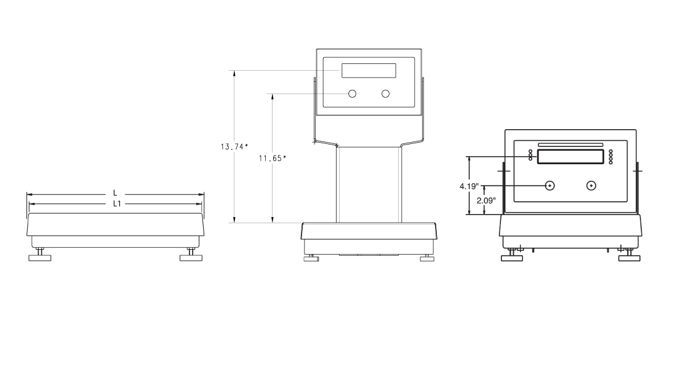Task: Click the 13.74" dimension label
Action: point(234,146)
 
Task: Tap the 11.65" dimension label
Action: point(272,159)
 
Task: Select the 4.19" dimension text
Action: point(469,187)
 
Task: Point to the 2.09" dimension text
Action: point(486,200)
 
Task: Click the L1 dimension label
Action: point(117,204)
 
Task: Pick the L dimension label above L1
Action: point(115,192)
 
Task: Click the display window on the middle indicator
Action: point(369,71)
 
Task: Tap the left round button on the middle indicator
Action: point(353,93)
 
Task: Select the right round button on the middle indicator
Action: point(385,93)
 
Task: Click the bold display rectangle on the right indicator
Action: point(570,157)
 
